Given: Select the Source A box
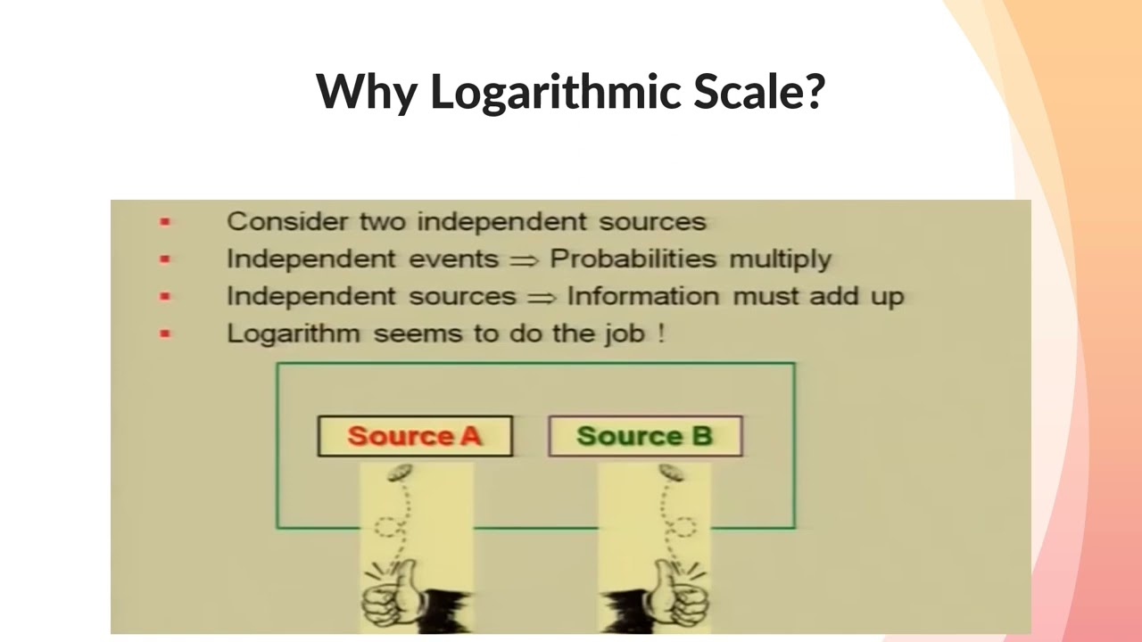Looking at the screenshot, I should pyautogui.click(x=415, y=436).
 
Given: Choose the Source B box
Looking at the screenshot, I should pyautogui.click(x=644, y=436).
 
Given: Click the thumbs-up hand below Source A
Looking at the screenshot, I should pyautogui.click(x=393, y=594).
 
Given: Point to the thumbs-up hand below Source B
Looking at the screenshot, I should pyautogui.click(x=679, y=594).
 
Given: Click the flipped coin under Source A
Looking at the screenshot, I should pyautogui.click(x=400, y=473).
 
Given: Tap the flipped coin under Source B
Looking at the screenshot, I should pyautogui.click(x=672, y=473).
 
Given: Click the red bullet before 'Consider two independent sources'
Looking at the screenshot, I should pyautogui.click(x=164, y=222).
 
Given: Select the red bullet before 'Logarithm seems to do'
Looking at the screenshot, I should pyautogui.click(x=164, y=334).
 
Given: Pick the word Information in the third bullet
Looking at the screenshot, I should pyautogui.click(x=643, y=296).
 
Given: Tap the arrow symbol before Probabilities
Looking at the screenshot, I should pyautogui.click(x=524, y=260).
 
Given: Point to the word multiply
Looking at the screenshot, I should pyautogui.click(x=780, y=259).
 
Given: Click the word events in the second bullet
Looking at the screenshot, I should pyautogui.click(x=453, y=259).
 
